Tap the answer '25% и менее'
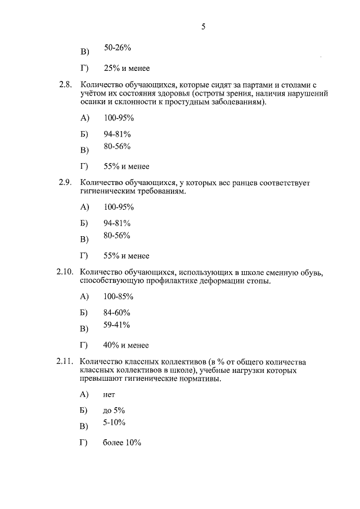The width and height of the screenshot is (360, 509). coord(127,68)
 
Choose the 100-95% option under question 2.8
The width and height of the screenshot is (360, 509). coord(119,118)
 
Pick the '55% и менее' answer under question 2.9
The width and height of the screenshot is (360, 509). coord(127,255)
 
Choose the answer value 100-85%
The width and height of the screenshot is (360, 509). coord(119,296)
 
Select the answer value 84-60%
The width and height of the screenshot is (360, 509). coord(118,312)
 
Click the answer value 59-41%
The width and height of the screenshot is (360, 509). coord(118,325)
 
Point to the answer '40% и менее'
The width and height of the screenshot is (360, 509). coord(127,345)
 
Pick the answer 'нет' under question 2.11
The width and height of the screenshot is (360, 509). coord(109,394)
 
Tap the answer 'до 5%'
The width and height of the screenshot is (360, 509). coord(114,411)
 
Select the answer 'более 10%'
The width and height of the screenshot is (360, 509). coord(122,443)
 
